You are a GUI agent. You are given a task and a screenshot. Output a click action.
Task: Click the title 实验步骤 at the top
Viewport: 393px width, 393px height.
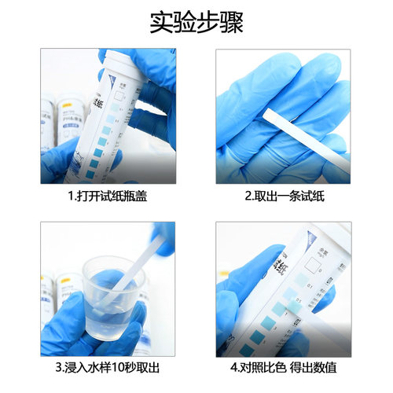[196, 21]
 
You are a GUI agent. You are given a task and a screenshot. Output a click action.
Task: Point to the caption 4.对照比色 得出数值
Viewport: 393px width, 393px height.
[283, 367]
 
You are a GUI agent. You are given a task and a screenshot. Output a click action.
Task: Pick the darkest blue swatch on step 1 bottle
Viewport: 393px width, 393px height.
[92, 165]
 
